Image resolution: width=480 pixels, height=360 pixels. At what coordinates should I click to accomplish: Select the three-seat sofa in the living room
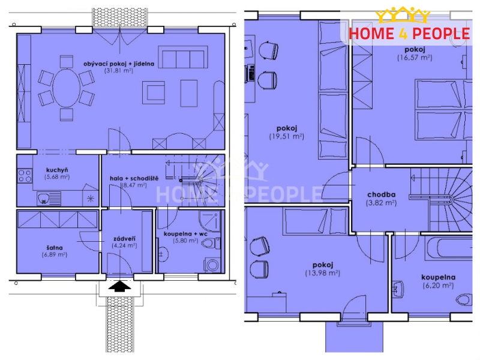183,57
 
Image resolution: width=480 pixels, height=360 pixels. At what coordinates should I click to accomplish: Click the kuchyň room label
57,170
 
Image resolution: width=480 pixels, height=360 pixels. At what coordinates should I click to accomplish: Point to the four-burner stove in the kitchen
25,176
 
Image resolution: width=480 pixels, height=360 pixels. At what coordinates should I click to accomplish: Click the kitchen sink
49,199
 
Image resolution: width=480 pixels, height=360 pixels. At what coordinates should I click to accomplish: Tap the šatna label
55,247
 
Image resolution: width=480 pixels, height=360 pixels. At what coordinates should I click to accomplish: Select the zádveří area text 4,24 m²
124,245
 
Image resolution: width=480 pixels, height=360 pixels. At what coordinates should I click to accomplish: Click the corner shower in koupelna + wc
209,221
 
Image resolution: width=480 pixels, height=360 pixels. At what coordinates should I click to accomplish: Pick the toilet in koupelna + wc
212,244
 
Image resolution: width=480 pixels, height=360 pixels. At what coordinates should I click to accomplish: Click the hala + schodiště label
134,178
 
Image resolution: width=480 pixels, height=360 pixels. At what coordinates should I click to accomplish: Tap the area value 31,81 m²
118,70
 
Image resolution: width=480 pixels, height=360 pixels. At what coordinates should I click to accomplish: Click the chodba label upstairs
381,194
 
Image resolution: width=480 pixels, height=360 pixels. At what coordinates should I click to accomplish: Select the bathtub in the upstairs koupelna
449,248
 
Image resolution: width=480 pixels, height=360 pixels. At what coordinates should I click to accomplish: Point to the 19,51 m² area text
287,136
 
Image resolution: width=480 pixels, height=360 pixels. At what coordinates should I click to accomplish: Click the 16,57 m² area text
415,58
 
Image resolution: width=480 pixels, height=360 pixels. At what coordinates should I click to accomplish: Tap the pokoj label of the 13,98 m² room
323,265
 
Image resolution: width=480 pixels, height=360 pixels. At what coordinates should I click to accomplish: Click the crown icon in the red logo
402,16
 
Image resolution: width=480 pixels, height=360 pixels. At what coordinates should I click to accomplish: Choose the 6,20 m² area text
438,286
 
